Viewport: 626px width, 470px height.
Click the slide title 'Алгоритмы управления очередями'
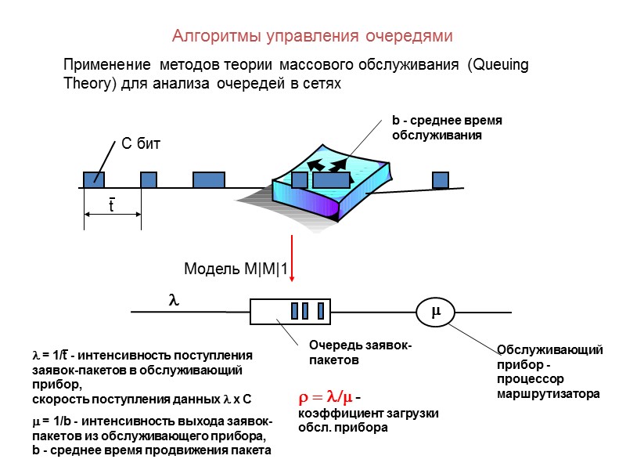click(x=312, y=36)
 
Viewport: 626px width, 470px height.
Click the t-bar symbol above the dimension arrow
click(x=111, y=204)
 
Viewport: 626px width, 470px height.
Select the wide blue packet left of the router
click(x=209, y=179)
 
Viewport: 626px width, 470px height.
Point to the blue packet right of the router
click(x=441, y=179)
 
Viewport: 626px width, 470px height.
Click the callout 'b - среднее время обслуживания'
click(x=446, y=128)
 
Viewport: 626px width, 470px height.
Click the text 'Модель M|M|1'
click(x=236, y=270)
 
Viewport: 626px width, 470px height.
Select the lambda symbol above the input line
click(x=174, y=299)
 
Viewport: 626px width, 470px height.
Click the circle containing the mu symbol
click(x=436, y=312)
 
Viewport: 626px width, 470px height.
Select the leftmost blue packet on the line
click(x=94, y=179)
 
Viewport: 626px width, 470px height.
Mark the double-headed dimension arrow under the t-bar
click(x=112, y=214)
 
